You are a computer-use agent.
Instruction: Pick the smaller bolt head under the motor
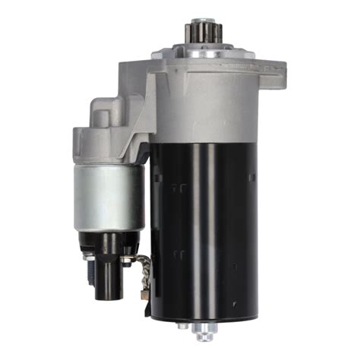[x=182, y=325]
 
